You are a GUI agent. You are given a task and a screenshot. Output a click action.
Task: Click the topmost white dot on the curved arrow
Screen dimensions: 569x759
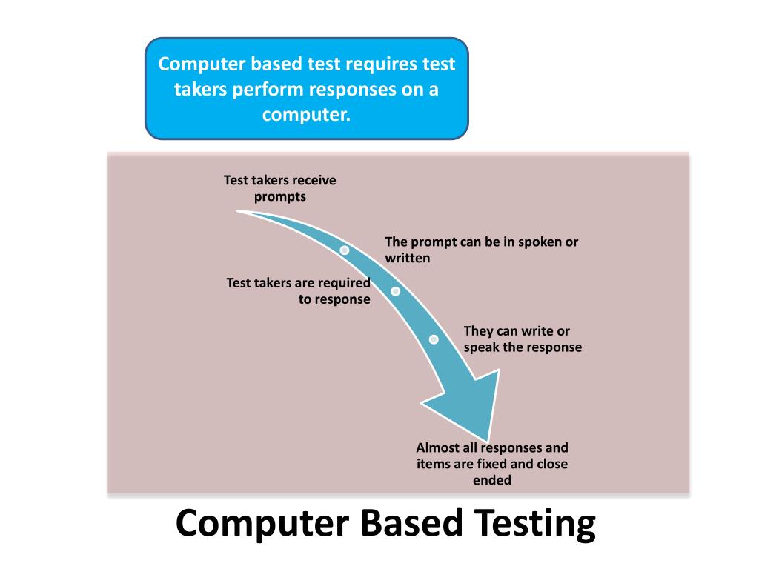345,250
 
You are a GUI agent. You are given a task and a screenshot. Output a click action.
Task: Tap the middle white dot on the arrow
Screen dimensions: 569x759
396,291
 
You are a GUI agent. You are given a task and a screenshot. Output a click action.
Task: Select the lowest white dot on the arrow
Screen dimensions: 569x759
434,339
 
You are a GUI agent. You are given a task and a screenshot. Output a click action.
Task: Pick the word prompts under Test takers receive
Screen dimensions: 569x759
280,196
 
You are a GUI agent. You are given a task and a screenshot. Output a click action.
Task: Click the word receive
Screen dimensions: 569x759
315,180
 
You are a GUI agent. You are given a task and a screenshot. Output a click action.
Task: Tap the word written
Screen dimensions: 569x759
408,259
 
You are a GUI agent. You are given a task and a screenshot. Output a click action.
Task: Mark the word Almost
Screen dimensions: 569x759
437,447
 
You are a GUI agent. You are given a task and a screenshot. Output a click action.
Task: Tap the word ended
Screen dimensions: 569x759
492,480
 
